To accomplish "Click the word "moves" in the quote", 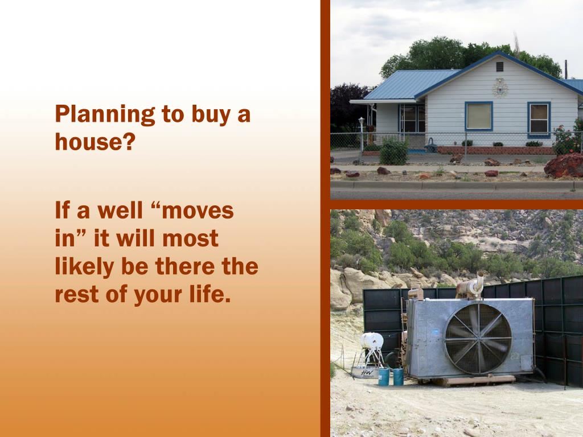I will pyautogui.click(x=199, y=211).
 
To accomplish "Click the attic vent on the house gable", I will pyautogui.click(x=499, y=67).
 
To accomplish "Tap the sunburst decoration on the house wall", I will pyautogui.click(x=500, y=87).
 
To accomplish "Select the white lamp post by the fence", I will pyautogui.click(x=361, y=134).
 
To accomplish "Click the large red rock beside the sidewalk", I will pyautogui.click(x=563, y=165).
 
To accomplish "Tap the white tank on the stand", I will pyautogui.click(x=372, y=341).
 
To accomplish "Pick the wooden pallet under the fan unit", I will pyautogui.click(x=473, y=381).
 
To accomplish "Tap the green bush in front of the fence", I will pyautogui.click(x=393, y=152).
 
